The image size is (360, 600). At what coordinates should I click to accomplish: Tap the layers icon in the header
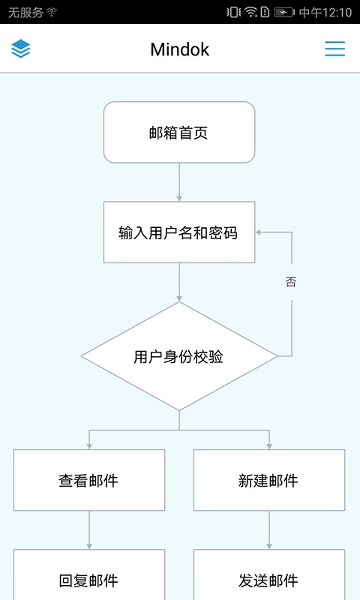click(x=21, y=49)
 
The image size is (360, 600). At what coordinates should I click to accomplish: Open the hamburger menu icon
click(x=334, y=49)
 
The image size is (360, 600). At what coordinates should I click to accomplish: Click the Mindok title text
click(x=179, y=49)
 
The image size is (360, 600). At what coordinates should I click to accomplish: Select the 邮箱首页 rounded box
click(x=179, y=133)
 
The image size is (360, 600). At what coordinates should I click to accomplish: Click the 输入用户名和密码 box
click(x=179, y=232)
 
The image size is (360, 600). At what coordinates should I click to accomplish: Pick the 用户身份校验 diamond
click(x=179, y=357)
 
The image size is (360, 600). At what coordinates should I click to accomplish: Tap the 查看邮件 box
click(x=89, y=481)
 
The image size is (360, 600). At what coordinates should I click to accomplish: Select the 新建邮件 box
click(x=268, y=481)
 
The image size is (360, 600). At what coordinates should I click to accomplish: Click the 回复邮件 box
click(x=89, y=580)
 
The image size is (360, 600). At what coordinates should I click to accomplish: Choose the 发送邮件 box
click(x=268, y=580)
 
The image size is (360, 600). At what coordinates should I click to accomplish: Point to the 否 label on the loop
click(x=291, y=282)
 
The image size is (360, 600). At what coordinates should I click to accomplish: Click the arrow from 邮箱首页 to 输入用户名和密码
click(x=179, y=181)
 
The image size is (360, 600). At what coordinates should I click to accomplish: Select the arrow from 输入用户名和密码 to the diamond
click(x=179, y=282)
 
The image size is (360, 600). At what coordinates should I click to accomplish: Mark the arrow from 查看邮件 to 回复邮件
click(x=89, y=530)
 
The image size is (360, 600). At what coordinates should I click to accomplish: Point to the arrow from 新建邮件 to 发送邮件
click(x=268, y=530)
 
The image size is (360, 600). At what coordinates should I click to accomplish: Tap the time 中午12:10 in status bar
click(x=325, y=12)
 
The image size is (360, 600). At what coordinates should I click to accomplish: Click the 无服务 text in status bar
click(x=25, y=12)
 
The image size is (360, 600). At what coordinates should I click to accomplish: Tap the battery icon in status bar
click(x=284, y=12)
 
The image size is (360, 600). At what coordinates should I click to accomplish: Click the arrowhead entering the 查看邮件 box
click(x=89, y=445)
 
